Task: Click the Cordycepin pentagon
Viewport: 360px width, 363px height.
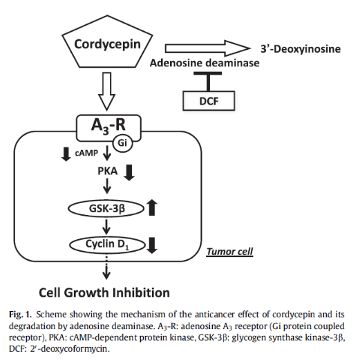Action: tap(107, 41)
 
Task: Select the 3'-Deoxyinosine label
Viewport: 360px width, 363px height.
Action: tap(301, 49)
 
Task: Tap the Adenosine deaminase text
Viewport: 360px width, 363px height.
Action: tap(205, 63)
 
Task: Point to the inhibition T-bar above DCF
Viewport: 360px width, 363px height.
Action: tap(208, 82)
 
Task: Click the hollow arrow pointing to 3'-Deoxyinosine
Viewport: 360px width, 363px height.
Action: tap(208, 48)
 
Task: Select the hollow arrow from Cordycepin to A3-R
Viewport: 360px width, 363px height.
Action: tap(106, 91)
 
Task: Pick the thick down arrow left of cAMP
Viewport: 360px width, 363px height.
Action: tap(66, 154)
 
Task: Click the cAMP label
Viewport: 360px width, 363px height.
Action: tap(86, 153)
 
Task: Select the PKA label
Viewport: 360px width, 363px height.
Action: tap(108, 171)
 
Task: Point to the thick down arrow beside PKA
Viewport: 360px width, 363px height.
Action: tap(129, 173)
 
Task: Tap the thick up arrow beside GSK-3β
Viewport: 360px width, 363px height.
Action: tap(152, 207)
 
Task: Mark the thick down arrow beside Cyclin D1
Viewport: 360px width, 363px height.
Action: tap(152, 245)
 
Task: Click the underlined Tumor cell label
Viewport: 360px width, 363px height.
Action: tap(229, 252)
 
